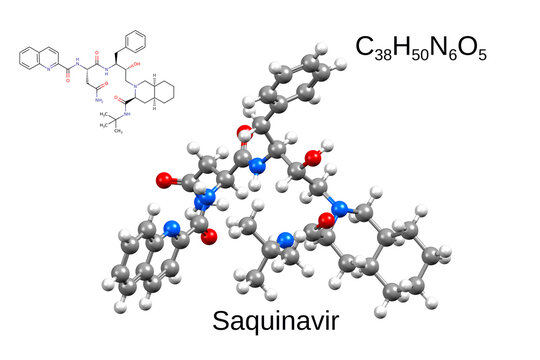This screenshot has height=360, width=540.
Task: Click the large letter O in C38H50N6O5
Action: click(470, 46)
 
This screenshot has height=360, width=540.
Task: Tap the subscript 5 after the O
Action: click(482, 53)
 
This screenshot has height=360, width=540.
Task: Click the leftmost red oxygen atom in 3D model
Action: click(165, 181)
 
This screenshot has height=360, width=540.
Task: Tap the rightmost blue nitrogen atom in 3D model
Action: click(340, 209)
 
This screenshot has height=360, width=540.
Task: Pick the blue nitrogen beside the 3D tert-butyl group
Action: click(286, 239)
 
